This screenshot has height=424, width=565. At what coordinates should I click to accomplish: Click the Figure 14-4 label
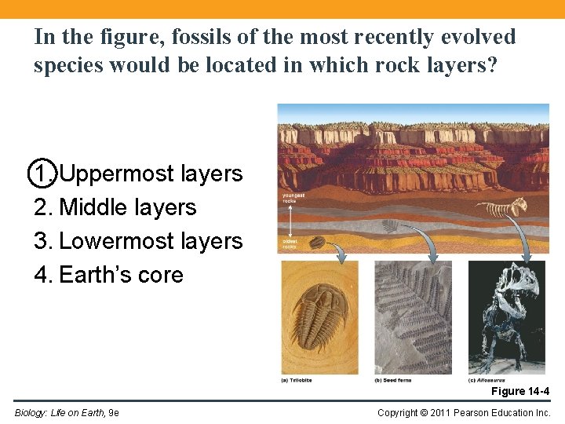[x=519, y=391]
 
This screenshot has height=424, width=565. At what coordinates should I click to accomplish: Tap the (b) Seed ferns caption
[x=392, y=380]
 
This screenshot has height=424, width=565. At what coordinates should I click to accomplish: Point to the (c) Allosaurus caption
[x=487, y=380]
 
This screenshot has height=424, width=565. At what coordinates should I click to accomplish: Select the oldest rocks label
[x=290, y=244]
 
